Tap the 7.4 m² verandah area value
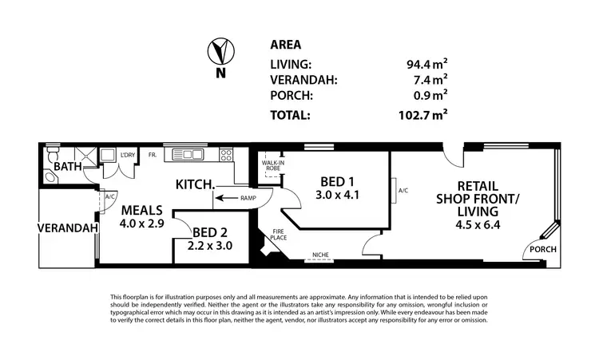429,79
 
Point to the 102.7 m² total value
423,114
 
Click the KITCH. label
195,185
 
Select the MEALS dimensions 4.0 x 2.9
142,224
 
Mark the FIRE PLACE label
271,236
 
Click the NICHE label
321,255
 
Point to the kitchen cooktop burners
226,155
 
